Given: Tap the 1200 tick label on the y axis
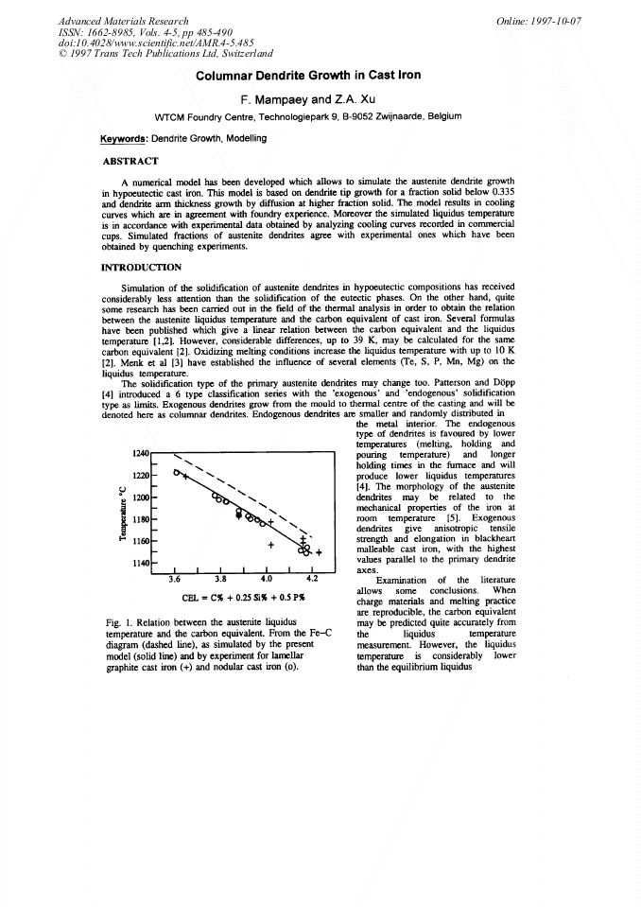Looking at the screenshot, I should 137,497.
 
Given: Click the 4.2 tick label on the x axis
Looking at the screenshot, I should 312,581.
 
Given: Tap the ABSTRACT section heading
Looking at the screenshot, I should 133,160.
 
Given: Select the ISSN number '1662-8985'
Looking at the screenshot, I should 106,31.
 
